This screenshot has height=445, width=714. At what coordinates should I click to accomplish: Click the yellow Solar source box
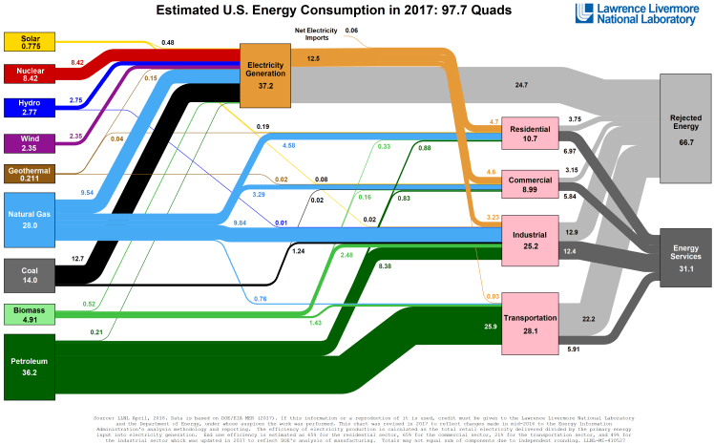[30, 41]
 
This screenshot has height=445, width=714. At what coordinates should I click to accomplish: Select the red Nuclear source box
[30, 74]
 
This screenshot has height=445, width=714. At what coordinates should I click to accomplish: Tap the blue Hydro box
[30, 107]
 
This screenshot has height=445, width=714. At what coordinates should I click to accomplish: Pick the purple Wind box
[30, 142]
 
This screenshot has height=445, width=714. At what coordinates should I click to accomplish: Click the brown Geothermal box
[30, 173]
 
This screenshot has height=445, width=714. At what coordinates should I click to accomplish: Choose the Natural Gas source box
[30, 219]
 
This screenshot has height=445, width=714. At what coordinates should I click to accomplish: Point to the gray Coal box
[30, 273]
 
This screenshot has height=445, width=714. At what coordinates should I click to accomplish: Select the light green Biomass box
[30, 314]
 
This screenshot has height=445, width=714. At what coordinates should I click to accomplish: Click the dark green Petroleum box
[30, 367]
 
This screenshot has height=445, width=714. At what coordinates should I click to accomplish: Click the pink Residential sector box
[530, 134]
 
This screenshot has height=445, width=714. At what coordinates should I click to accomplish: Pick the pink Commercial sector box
[530, 185]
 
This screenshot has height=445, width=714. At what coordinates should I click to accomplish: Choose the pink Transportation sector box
[530, 323]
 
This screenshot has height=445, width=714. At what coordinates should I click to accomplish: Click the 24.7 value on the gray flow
[521, 85]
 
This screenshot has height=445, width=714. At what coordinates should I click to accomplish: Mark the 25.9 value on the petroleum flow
[465, 328]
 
